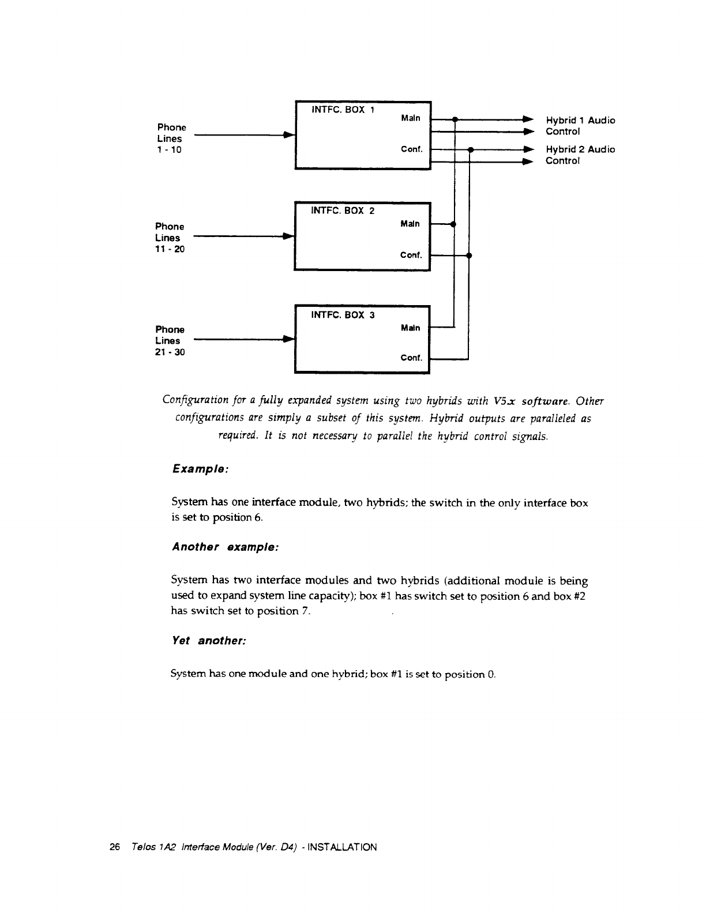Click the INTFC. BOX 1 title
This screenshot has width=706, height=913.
(x=343, y=109)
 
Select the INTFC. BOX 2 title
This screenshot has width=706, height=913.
(x=343, y=211)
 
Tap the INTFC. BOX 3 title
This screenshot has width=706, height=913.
(x=343, y=315)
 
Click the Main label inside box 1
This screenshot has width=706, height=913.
(x=411, y=118)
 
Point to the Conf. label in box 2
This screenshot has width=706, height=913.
(x=412, y=254)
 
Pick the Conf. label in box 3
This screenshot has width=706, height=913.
(x=412, y=358)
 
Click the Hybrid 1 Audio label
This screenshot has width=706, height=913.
(x=580, y=121)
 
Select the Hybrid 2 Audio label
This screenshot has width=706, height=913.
(x=580, y=149)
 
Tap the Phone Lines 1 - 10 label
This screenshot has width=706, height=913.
(x=171, y=138)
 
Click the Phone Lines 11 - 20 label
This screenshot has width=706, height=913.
(x=170, y=238)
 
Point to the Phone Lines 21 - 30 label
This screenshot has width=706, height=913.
(x=170, y=341)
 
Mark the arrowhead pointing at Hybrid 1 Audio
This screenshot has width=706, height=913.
(x=525, y=120)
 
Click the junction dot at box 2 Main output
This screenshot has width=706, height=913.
(x=455, y=224)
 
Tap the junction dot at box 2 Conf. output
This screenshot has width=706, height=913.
(x=469, y=254)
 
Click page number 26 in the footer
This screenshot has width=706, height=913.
(x=114, y=847)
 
